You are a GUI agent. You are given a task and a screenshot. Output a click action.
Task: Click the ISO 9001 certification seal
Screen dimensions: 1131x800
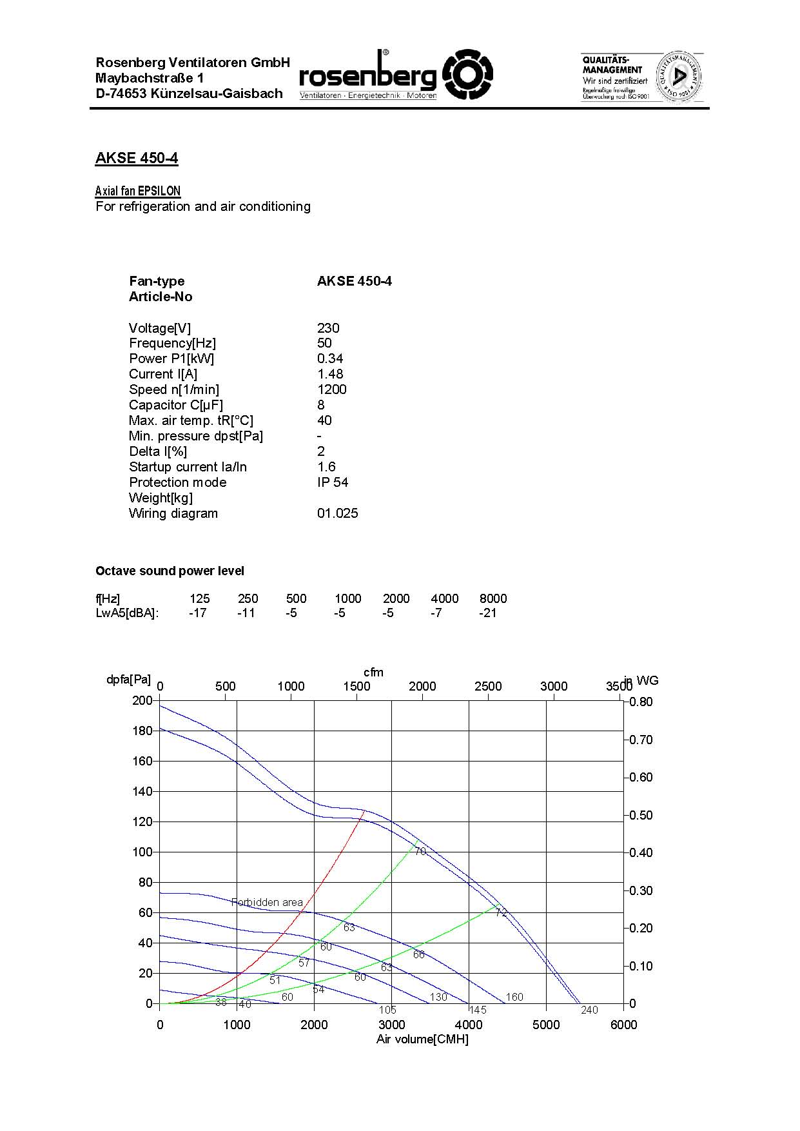(678, 77)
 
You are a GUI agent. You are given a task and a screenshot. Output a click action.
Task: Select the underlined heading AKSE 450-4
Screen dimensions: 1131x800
(137, 159)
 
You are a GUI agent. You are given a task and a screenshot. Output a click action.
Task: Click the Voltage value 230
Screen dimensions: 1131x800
(328, 328)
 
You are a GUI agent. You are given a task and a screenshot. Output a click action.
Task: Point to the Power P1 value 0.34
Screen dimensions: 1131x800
(330, 359)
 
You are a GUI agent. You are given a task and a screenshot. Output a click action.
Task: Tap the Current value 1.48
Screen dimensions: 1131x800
(330, 374)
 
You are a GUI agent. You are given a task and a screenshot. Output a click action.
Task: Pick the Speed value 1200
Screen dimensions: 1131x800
(332, 389)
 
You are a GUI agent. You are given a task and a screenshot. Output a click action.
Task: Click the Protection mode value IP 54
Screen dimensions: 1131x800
(333, 482)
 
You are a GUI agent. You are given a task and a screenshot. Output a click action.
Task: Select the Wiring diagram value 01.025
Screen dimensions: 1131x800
(337, 513)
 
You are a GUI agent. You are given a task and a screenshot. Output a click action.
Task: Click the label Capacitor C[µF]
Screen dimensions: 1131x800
(175, 405)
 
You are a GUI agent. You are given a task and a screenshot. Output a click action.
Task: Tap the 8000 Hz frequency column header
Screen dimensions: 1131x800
(493, 598)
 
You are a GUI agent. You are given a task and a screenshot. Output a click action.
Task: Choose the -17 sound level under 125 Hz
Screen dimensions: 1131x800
(198, 613)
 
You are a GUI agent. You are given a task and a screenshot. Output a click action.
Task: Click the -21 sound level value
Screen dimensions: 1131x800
(488, 613)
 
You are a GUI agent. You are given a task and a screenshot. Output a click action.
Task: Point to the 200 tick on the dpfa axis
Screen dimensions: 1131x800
(142, 700)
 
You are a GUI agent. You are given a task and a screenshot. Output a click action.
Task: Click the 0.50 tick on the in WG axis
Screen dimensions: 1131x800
(641, 815)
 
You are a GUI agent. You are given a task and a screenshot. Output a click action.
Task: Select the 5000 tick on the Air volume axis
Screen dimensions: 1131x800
(546, 1025)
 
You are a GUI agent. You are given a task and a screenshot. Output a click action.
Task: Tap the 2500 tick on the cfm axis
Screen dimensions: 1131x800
(488, 686)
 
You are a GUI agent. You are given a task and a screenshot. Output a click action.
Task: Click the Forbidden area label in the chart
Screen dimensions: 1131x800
(267, 902)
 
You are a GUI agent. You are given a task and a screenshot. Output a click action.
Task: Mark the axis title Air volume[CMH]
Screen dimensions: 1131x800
(422, 1039)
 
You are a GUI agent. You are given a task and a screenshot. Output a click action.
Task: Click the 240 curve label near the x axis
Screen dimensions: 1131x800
(589, 1010)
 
